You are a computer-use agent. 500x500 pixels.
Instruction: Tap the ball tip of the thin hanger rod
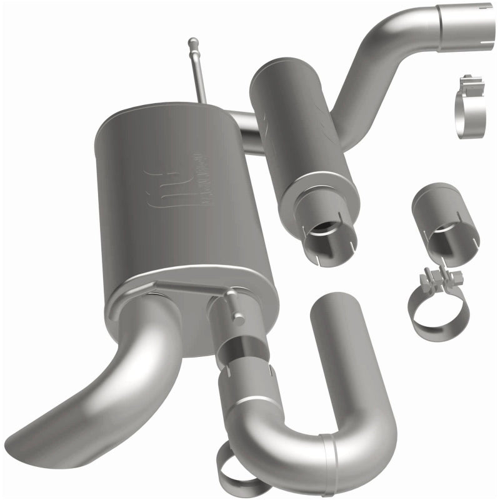click(x=193, y=43)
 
